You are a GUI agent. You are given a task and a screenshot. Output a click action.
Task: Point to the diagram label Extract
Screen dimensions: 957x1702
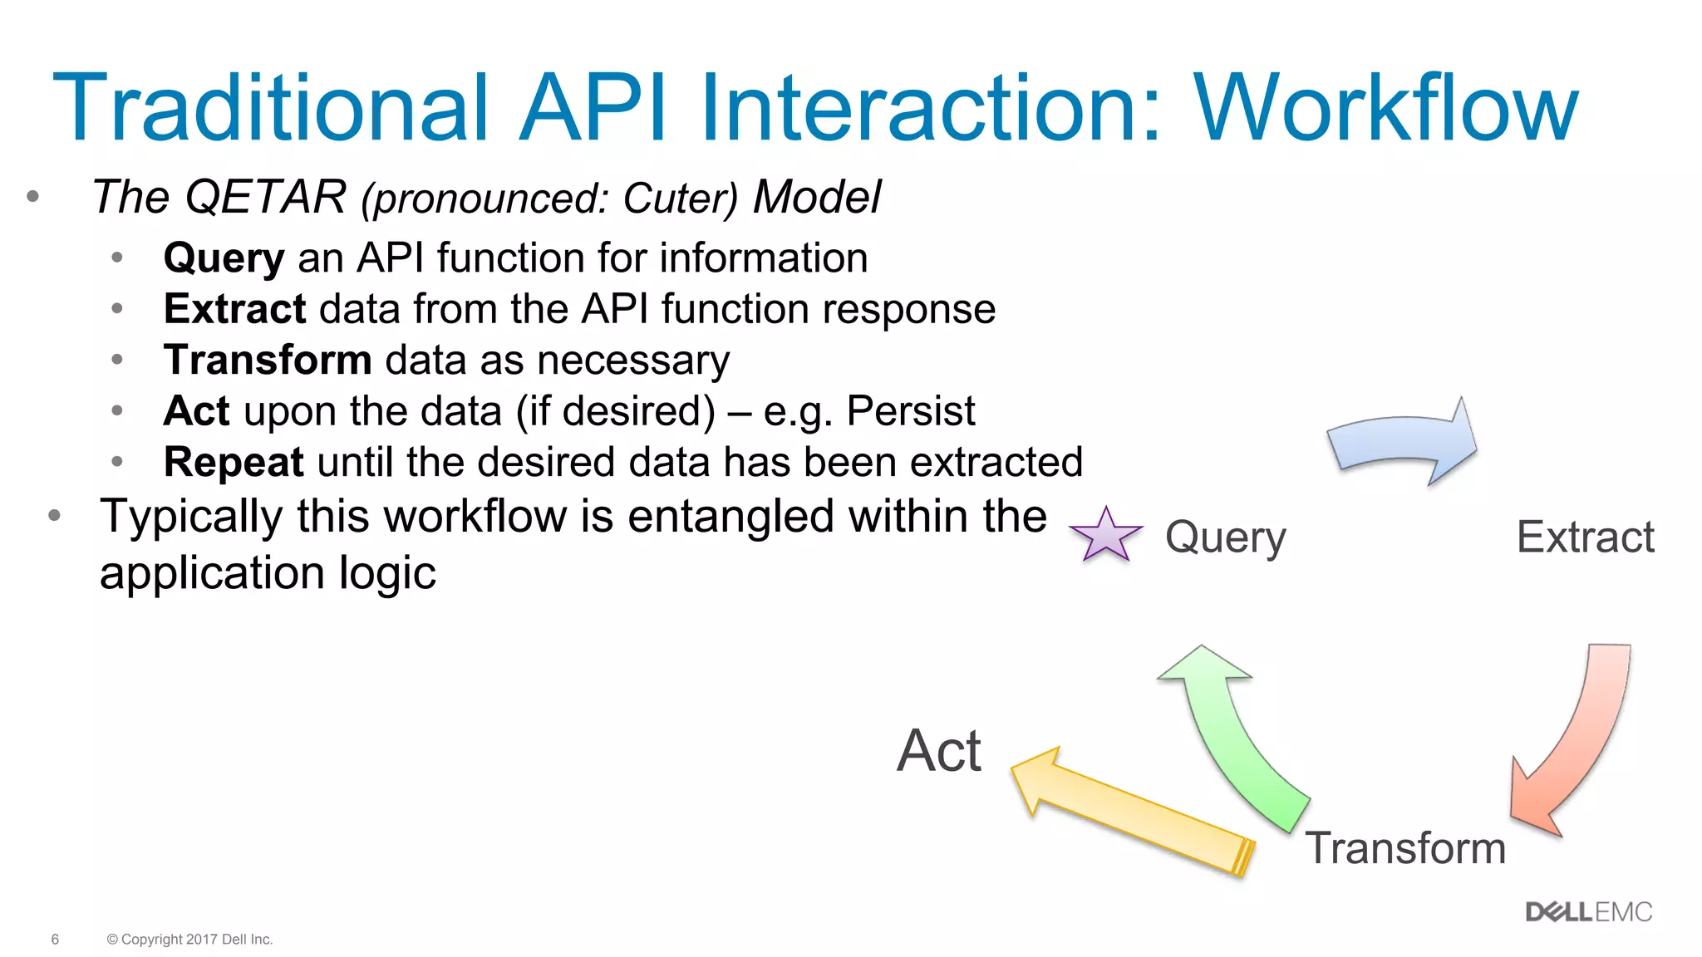point(1585,537)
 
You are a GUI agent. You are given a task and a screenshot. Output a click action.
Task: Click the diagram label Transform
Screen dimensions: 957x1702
point(1405,848)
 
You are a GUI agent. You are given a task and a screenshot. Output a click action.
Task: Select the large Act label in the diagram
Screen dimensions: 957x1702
point(939,751)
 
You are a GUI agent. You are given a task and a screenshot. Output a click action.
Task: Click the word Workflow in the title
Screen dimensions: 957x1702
point(1385,108)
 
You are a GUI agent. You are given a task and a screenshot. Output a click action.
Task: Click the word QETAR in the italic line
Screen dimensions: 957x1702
point(265,198)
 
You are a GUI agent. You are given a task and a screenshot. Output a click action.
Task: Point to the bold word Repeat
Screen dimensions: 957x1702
point(234,462)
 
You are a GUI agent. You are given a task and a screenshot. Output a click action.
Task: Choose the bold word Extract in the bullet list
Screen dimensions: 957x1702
point(235,309)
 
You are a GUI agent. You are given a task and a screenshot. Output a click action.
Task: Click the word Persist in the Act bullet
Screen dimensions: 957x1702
point(911,411)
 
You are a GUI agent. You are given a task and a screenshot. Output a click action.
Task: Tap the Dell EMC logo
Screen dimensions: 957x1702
point(1588,912)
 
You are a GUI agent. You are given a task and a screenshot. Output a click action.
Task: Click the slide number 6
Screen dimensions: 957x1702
point(55,940)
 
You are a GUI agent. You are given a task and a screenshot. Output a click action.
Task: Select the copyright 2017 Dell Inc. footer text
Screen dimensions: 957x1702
point(190,940)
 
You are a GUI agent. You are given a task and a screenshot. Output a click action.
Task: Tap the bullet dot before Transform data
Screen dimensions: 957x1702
point(117,360)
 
